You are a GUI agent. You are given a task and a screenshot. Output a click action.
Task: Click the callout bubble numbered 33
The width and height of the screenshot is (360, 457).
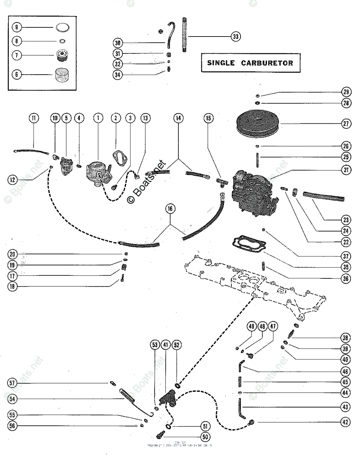tap(236, 37)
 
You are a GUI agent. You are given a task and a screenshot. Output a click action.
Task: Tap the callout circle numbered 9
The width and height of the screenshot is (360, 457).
tap(17, 27)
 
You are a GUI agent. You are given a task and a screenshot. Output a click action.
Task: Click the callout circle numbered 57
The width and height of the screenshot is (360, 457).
tap(13, 383)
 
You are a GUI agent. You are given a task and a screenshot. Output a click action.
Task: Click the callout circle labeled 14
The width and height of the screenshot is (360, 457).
tap(178, 118)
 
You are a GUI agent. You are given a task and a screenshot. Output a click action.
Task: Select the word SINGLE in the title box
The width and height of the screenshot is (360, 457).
tap(221, 63)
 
